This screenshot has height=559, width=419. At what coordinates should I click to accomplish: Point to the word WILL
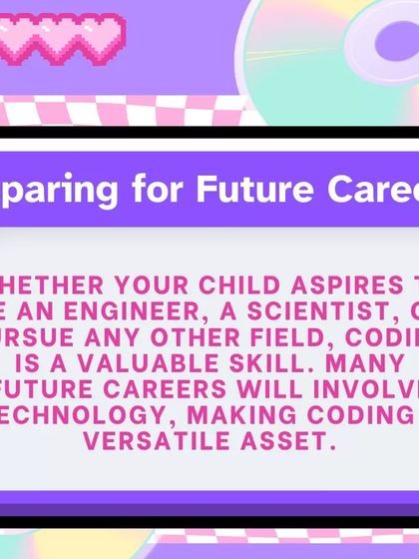point(282,387)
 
